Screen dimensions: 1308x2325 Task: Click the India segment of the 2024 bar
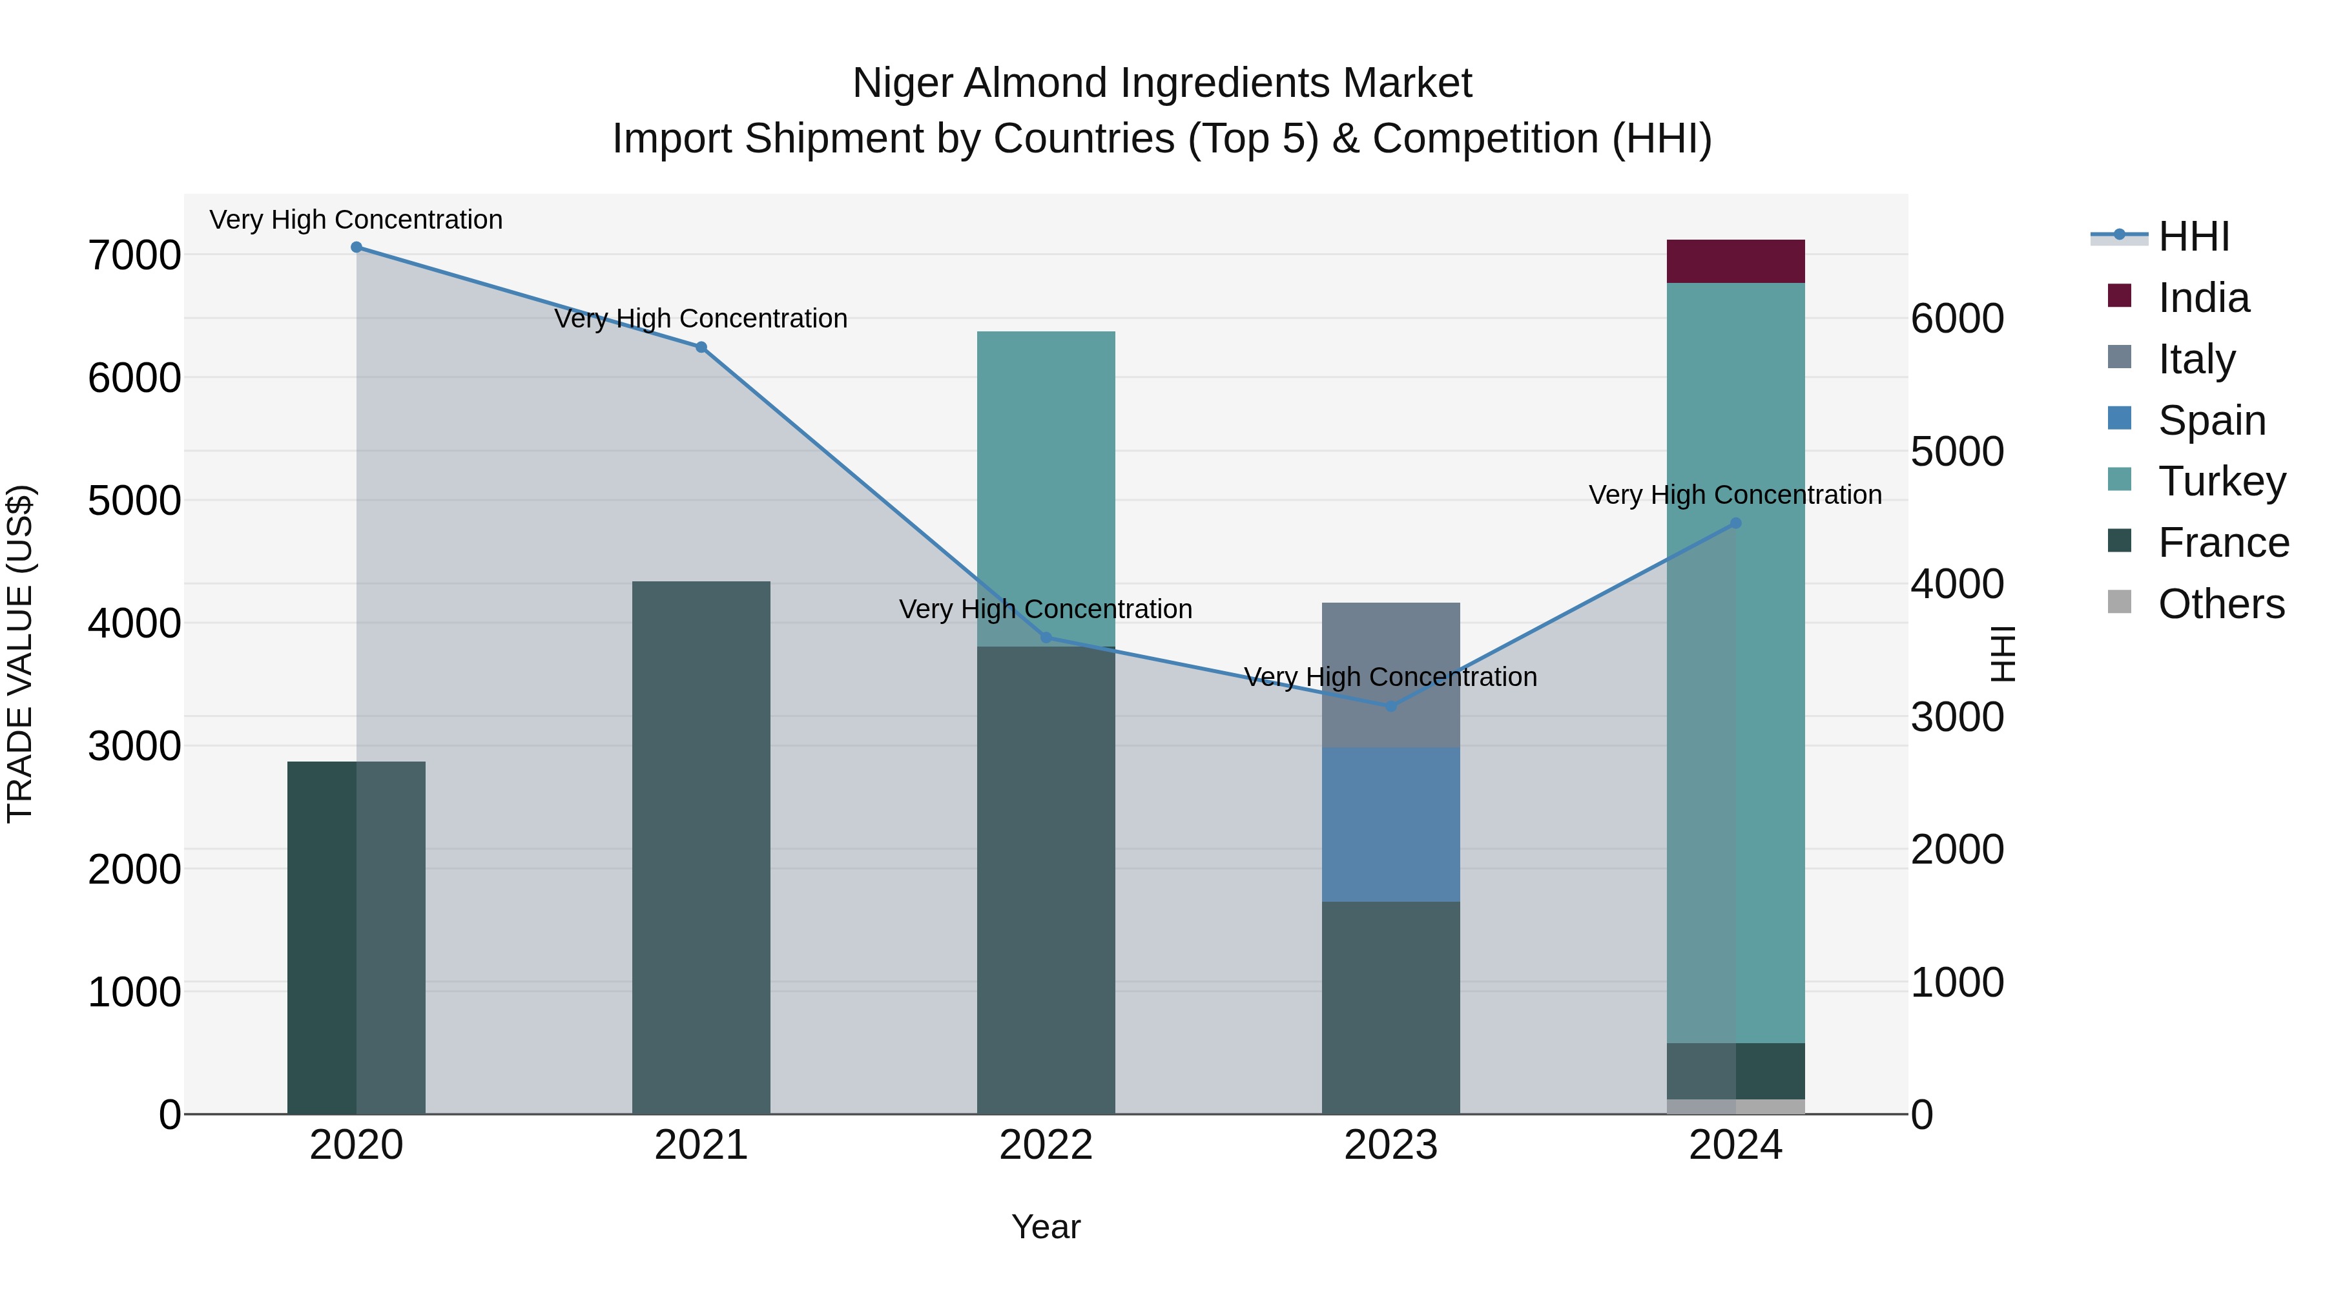[1735, 261]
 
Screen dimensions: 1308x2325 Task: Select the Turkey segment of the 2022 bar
[1046, 488]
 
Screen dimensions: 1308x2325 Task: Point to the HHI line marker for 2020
[356, 247]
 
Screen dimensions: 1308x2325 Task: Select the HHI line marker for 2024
[1735, 524]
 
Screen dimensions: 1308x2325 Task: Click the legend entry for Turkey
[2221, 481]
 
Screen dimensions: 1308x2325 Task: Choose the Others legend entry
[2220, 604]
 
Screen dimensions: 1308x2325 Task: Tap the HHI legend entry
[2193, 236]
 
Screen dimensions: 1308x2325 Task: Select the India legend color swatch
[2119, 296]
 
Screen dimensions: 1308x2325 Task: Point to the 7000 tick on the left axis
[134, 255]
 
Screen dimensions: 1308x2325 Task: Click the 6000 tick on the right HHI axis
[1958, 318]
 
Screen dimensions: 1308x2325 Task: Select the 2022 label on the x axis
[1046, 1145]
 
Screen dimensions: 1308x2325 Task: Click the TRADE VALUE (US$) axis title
[20, 654]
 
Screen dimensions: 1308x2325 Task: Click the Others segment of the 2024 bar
[1735, 1106]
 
